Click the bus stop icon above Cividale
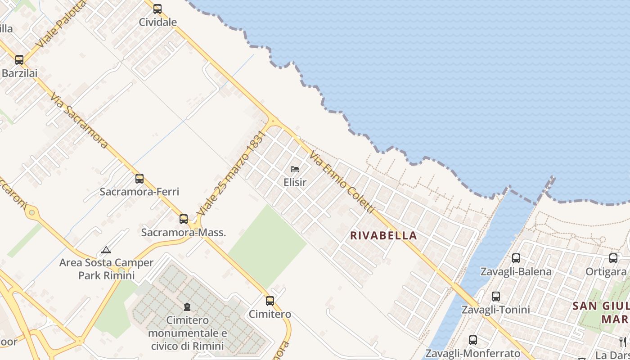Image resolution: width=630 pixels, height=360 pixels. coord(157,9)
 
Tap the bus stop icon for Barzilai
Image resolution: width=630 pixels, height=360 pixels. coord(19,59)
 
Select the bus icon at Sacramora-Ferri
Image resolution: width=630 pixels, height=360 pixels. coord(139,178)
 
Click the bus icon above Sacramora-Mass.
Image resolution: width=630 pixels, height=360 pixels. coord(184,219)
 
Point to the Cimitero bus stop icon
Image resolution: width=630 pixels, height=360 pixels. coord(270,301)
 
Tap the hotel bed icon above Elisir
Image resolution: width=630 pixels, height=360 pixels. coord(295,169)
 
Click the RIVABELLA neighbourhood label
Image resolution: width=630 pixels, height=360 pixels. coord(383,235)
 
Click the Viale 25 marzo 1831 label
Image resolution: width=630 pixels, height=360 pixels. coord(229,173)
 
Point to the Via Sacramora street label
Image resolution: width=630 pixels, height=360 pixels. coord(79,121)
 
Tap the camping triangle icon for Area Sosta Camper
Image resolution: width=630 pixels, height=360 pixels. coord(106,250)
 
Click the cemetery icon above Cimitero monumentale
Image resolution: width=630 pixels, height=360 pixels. coord(187,307)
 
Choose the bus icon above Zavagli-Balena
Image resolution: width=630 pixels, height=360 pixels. coord(516,258)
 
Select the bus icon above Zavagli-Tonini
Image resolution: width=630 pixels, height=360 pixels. coord(496,297)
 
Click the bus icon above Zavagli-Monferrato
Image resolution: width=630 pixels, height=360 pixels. coord(473,340)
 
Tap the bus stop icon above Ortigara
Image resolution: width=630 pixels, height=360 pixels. coord(613,258)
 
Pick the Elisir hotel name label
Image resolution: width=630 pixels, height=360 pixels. coord(295,182)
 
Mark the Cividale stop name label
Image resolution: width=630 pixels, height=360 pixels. coord(157,22)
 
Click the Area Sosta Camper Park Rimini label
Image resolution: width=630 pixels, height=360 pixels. coord(106,269)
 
